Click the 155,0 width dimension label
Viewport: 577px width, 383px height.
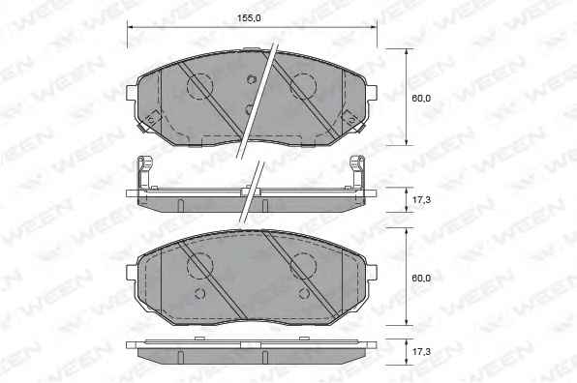click(x=249, y=17)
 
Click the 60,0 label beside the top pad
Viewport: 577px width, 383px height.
click(x=421, y=98)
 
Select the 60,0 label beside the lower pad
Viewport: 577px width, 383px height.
click(x=421, y=278)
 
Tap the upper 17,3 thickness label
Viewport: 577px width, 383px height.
click(x=421, y=200)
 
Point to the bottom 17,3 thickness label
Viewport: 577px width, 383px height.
click(x=421, y=352)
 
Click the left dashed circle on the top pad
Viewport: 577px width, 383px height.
click(x=199, y=86)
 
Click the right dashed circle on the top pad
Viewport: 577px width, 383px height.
click(x=303, y=86)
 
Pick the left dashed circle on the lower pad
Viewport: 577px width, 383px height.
click(x=199, y=266)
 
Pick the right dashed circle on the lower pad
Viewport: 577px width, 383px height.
click(x=303, y=266)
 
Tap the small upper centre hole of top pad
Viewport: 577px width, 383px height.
click(x=252, y=79)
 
